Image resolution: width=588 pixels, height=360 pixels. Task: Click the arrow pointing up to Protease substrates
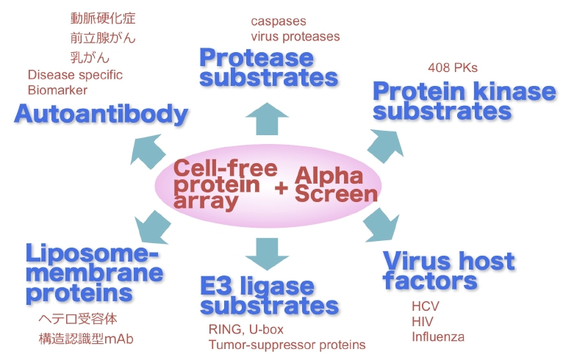[x=267, y=118]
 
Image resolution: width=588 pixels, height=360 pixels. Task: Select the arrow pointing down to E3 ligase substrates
[x=267, y=254]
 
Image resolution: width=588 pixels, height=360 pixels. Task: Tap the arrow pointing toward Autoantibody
[x=148, y=151]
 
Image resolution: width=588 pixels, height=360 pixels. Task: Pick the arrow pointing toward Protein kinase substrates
[x=386, y=146]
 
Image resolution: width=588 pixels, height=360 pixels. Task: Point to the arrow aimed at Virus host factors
[x=381, y=225]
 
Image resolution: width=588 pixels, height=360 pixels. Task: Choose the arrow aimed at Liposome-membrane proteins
[x=152, y=227]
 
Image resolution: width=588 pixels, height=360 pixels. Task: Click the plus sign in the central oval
[x=281, y=188]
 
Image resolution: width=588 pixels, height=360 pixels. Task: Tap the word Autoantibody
[x=101, y=114]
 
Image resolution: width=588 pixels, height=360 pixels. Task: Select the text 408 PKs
[x=453, y=68]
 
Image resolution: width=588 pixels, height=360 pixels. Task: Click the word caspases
[x=279, y=21]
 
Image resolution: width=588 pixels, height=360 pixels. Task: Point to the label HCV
[x=426, y=306]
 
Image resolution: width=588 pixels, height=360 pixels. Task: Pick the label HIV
[x=422, y=321]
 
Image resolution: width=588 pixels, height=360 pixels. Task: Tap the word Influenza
[x=438, y=336]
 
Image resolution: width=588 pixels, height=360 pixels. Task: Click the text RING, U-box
[x=246, y=329]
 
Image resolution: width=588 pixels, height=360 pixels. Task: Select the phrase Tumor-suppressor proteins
[x=287, y=345]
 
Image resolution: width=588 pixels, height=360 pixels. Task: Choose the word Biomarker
[x=57, y=90]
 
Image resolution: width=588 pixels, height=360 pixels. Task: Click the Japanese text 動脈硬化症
[x=103, y=18]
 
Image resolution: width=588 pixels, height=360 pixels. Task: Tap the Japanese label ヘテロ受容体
[x=78, y=319]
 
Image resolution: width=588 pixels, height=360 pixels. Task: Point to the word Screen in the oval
[x=336, y=193]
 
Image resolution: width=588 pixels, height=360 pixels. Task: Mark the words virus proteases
[x=295, y=37]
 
